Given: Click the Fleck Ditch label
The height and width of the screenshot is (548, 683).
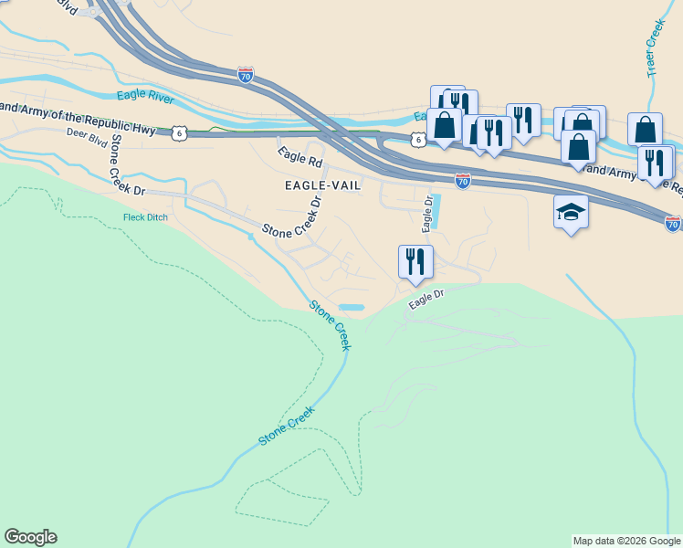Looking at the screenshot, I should click(146, 217).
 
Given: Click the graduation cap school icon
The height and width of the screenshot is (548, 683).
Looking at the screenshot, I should click(571, 212).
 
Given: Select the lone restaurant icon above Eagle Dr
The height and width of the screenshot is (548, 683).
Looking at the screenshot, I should click(415, 261).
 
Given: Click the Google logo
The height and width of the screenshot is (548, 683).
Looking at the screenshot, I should click(30, 537).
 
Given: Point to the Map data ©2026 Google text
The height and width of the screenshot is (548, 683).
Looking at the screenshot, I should click(626, 541).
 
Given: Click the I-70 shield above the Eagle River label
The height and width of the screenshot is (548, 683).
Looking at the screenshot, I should click(245, 76).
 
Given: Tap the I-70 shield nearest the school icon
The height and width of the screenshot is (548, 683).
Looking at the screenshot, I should click(673, 223).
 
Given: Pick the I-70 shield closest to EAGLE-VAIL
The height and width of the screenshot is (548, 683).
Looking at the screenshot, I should click(463, 182).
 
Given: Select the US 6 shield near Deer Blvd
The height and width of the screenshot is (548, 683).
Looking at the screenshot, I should click(179, 132).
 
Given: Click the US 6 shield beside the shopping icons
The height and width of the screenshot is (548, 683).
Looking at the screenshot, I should click(417, 139).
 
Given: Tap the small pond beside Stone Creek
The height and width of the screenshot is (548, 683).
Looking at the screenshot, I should click(351, 307).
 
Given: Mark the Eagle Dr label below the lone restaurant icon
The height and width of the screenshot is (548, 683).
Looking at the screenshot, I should click(426, 298).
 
